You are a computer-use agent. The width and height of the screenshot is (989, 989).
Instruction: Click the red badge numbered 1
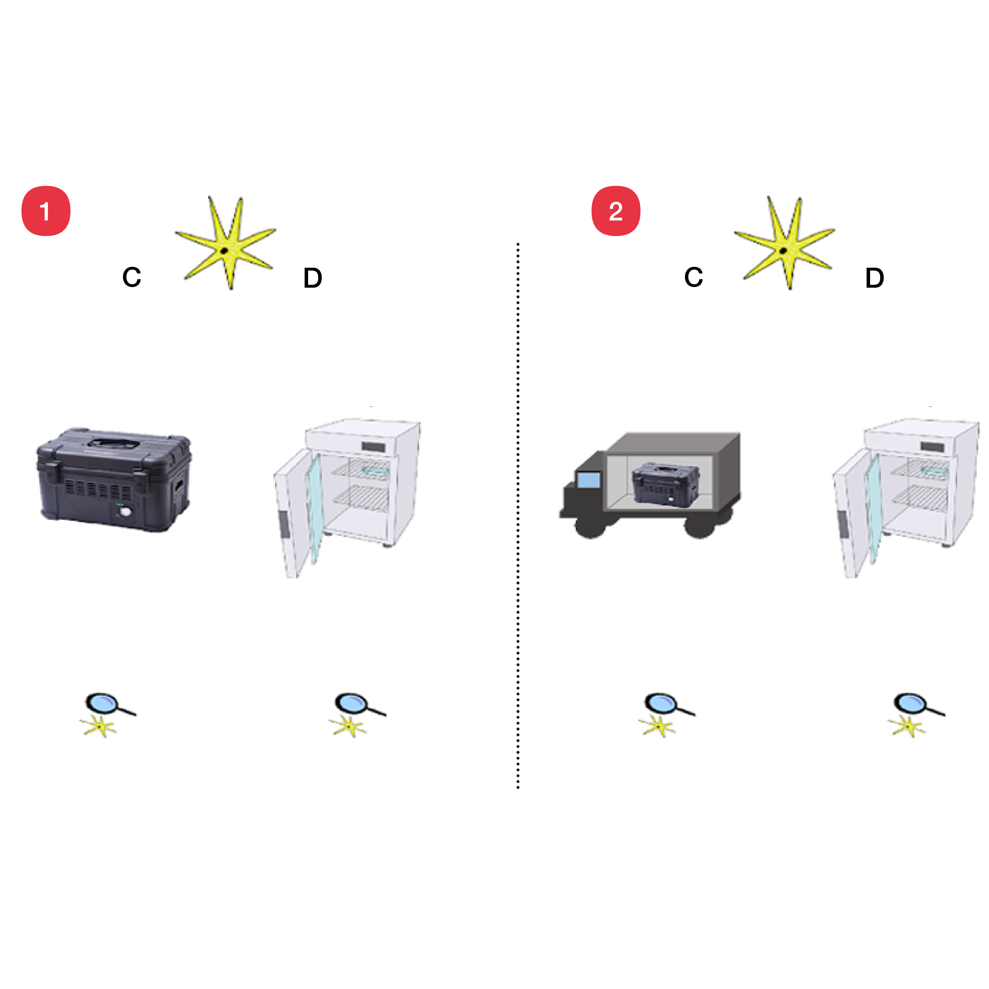coord(45,211)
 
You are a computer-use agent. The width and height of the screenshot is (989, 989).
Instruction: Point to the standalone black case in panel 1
coord(114,481)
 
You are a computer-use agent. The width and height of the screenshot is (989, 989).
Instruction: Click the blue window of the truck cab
coord(589,480)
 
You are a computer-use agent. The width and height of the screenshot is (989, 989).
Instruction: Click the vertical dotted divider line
coord(518,512)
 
